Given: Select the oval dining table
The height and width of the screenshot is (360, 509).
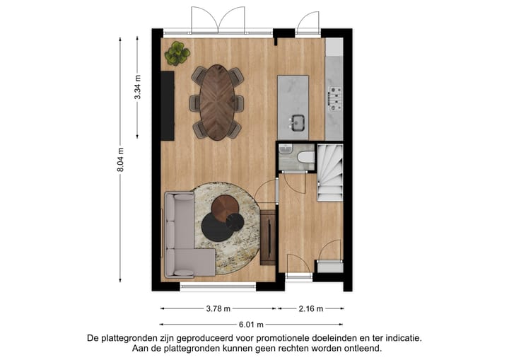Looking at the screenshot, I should point(218,103).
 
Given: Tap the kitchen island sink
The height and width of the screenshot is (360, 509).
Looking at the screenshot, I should point(296,124).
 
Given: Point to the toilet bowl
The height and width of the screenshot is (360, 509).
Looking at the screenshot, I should point(306,157).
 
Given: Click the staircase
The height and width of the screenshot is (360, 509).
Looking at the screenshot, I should point(329,172).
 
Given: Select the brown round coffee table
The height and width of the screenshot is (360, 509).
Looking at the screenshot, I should point(226,207).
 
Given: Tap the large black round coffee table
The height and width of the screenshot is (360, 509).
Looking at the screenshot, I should point(217,226).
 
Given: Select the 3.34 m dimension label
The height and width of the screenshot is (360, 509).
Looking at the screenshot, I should point(138,88).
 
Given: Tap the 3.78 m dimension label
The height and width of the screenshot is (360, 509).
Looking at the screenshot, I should point(218,309).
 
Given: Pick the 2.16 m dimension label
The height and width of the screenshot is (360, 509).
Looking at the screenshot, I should point(311,309).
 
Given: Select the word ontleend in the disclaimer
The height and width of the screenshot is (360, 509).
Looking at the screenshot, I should point(361,349).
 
